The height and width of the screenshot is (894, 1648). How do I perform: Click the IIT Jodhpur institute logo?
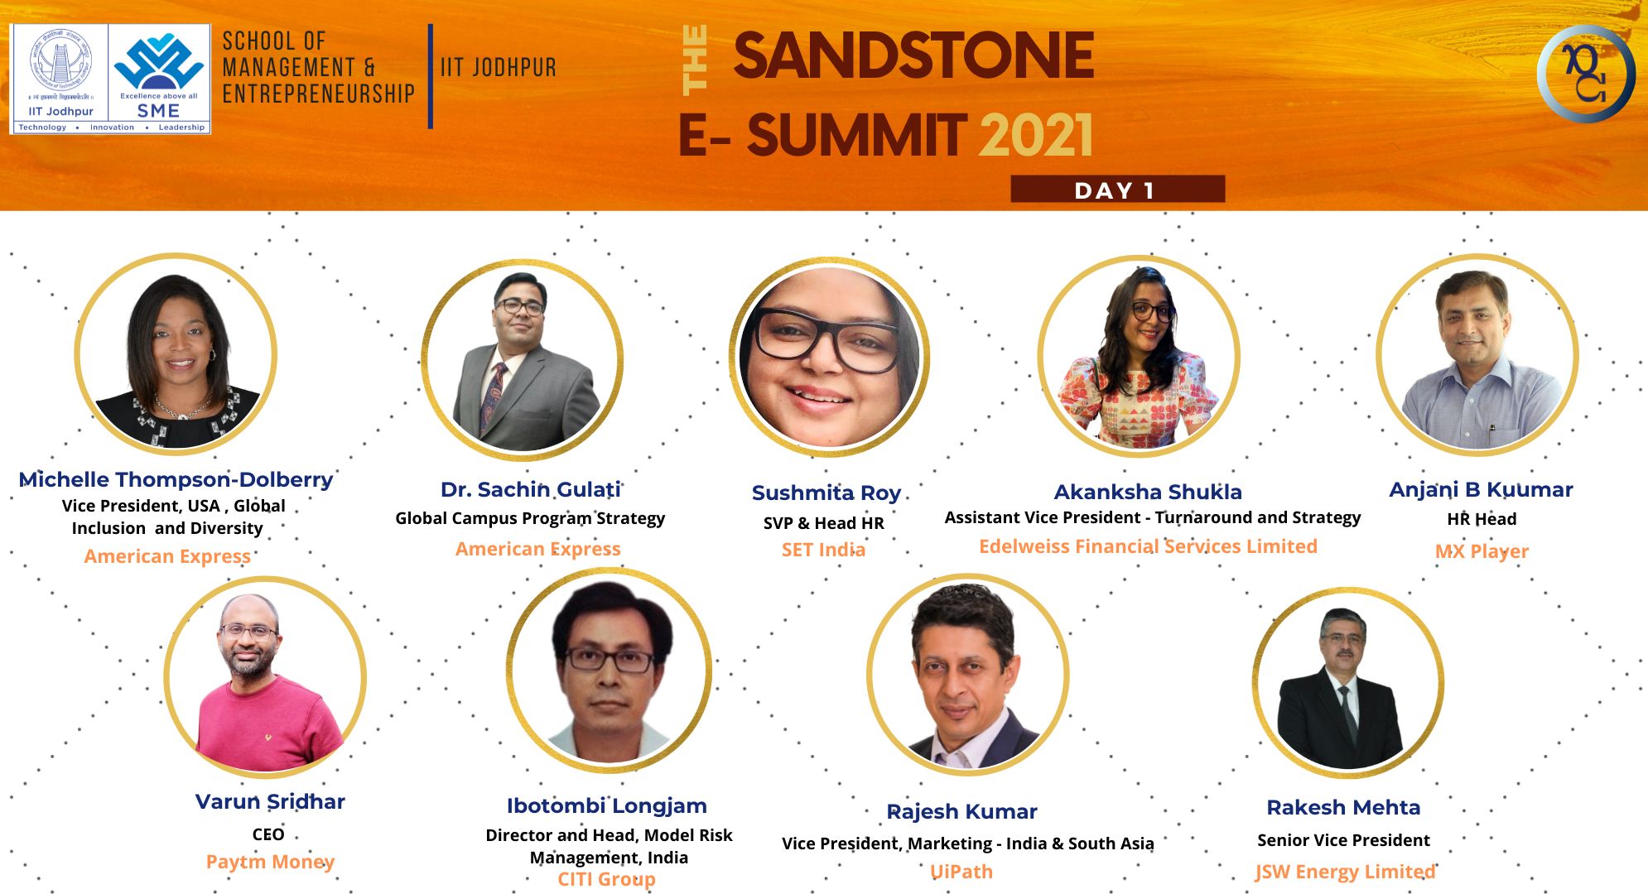[x=60, y=73]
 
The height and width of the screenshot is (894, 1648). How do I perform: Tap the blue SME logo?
[x=159, y=73]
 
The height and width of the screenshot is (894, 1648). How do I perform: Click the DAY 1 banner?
[x=1117, y=190]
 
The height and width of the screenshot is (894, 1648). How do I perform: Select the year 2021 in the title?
[x=1037, y=136]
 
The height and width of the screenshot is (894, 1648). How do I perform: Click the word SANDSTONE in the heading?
[x=913, y=55]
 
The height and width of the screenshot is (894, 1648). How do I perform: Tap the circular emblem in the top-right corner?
[x=1586, y=74]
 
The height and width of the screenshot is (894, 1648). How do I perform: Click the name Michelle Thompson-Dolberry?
[x=176, y=479]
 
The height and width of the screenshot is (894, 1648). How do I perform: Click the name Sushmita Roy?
[x=826, y=493]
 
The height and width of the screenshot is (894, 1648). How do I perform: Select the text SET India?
[x=823, y=550]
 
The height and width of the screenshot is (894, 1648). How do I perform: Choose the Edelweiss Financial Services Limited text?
[x=1148, y=546]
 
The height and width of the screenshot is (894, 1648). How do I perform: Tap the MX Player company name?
[x=1482, y=551]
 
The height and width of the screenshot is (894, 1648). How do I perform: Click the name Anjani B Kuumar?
[x=1481, y=489]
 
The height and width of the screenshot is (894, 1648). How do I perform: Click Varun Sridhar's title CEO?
[x=268, y=834]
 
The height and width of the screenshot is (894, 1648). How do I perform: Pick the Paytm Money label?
[x=270, y=862]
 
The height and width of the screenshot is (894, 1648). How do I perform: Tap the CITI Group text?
[x=606, y=879]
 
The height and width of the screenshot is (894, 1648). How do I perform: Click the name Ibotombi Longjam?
[x=606, y=806]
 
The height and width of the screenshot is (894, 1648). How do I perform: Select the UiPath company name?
[x=961, y=872]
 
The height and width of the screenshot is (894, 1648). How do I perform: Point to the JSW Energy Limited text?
[x=1345, y=872]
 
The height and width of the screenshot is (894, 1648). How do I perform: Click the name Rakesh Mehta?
[x=1343, y=807]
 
